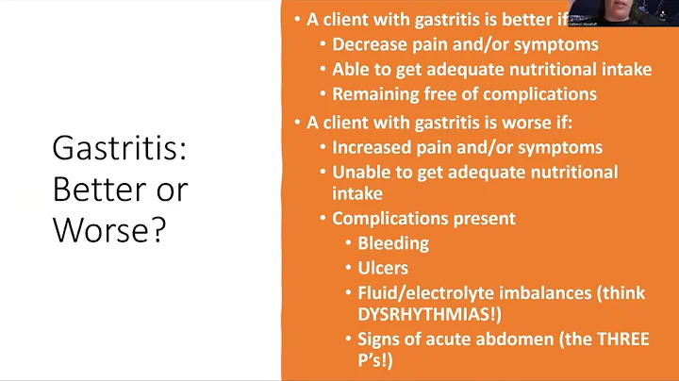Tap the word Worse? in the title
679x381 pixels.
[x=109, y=228]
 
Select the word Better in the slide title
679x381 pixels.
[x=95, y=189]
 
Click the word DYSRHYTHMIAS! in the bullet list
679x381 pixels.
[x=424, y=314]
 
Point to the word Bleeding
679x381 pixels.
[x=393, y=243]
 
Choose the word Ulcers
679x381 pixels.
[x=383, y=268]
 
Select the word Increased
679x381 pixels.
[x=373, y=148]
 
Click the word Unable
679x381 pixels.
[x=359, y=172]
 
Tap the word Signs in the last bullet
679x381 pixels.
[x=380, y=339]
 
